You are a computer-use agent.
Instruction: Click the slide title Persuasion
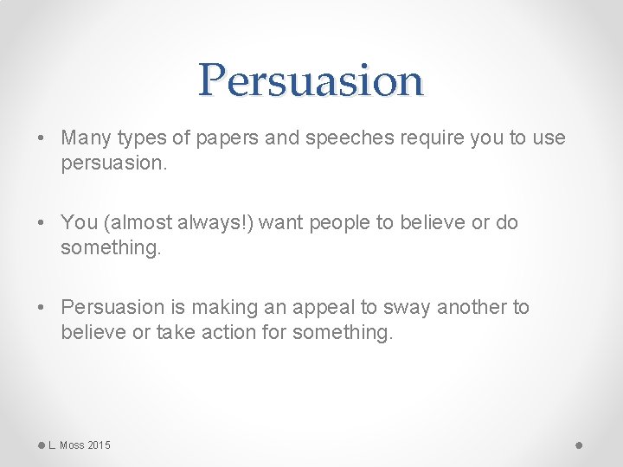click(x=311, y=80)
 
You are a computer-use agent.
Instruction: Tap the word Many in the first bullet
click(x=82, y=138)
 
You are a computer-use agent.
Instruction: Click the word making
click(x=221, y=308)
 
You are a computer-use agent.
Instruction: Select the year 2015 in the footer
click(x=99, y=445)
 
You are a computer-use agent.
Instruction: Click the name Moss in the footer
click(x=72, y=445)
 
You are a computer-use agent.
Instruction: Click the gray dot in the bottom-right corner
click(x=579, y=445)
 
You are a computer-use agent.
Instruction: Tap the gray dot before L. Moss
click(x=42, y=445)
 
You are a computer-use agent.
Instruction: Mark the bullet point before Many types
click(x=42, y=138)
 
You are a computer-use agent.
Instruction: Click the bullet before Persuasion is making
click(x=42, y=308)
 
